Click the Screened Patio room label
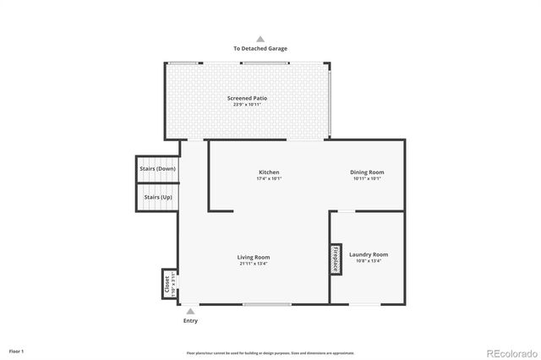[x=247, y=99]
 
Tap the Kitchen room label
[x=269, y=172]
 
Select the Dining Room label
[x=367, y=172]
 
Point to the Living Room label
[x=254, y=257]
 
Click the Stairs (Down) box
[x=157, y=168]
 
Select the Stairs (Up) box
[x=157, y=197]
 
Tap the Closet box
[x=167, y=284]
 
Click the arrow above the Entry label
[x=190, y=311]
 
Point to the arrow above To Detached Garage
[x=260, y=39]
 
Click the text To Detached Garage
[x=260, y=49]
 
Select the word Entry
[x=191, y=321]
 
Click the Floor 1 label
[x=17, y=351]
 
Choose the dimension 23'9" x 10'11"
[x=247, y=106]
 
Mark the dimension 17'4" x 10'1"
[x=269, y=179]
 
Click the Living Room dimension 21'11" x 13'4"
[x=254, y=264]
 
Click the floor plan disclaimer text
[x=270, y=352]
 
